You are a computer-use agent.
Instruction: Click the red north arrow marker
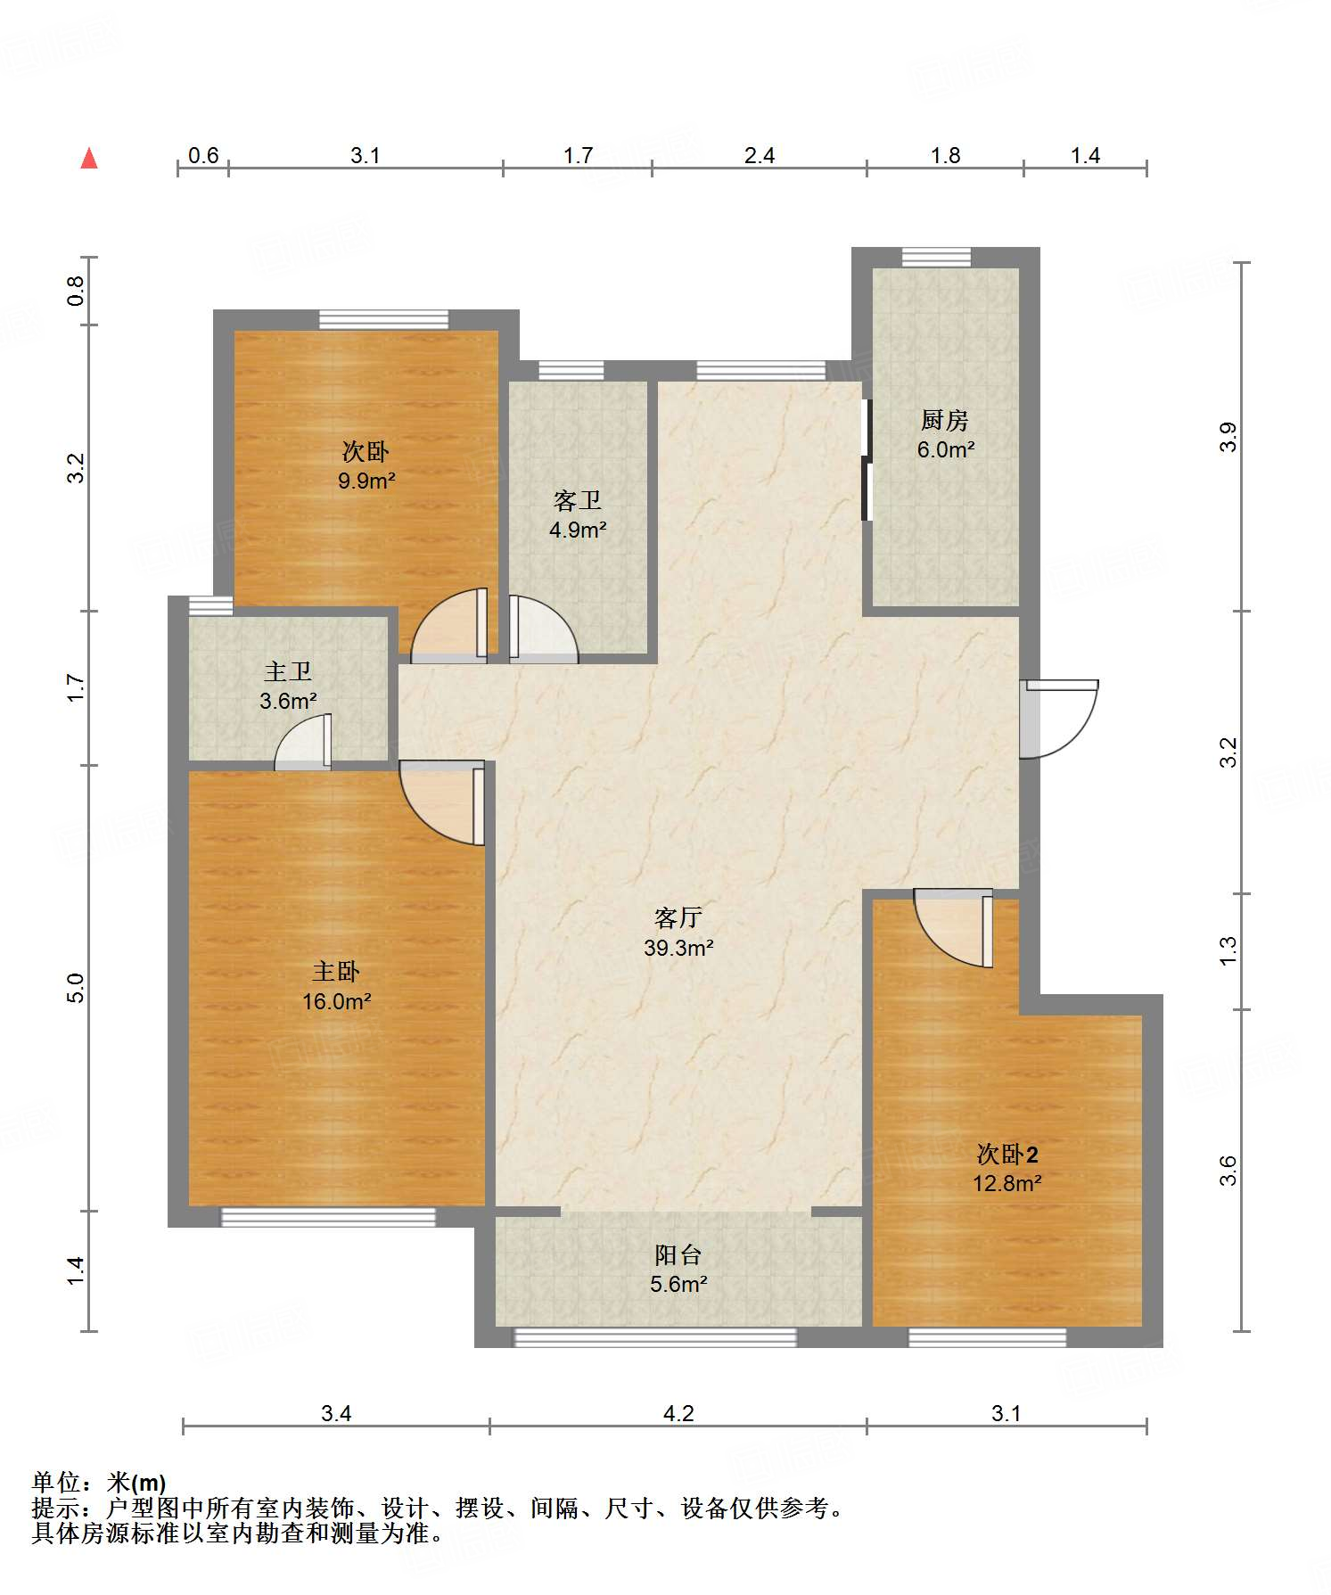coord(89,158)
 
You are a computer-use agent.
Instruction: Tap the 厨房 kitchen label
coord(945,419)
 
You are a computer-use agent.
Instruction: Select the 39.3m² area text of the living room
coord(678,948)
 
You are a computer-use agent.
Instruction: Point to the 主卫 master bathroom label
coord(288,671)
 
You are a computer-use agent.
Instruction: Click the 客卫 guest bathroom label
coord(578,500)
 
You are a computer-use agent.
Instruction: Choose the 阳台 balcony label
coord(678,1254)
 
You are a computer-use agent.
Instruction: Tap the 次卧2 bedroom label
coord(1007,1155)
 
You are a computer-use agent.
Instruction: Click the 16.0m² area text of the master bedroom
coord(336,1001)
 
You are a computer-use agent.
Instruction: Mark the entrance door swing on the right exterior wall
coord(1059,719)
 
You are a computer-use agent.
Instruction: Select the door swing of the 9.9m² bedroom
coord(449,625)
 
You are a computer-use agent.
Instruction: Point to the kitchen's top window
coord(936,258)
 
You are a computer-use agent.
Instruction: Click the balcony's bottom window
coord(655,1337)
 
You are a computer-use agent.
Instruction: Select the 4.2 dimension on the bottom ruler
coord(678,1413)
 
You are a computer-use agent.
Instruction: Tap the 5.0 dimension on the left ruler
coord(76,988)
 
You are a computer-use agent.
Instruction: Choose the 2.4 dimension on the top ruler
coord(760,156)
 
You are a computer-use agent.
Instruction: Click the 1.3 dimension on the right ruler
coord(1228,950)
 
